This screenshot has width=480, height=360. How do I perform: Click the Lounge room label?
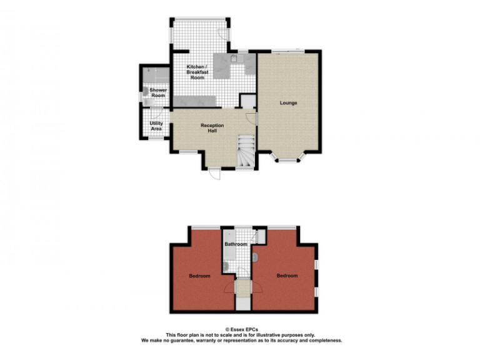click(288, 102)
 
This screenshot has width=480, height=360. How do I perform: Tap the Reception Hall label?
click(212, 128)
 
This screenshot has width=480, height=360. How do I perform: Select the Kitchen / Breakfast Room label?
click(197, 72)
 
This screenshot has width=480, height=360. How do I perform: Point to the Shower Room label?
click(158, 92)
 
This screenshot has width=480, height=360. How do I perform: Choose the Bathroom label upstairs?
click(236, 244)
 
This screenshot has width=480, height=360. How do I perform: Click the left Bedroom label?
click(199, 276)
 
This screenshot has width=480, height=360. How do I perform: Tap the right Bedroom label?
click(287, 276)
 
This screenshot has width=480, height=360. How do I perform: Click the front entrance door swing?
click(214, 174)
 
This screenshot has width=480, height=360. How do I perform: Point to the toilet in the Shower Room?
click(146, 92)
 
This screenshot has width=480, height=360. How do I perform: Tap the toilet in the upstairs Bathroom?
click(226, 266)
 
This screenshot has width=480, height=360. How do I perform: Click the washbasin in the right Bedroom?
click(256, 257)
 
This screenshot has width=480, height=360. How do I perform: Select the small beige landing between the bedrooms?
click(241, 289)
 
